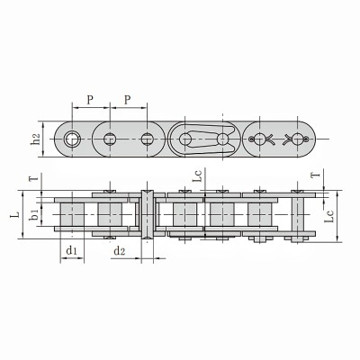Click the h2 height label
[35, 139]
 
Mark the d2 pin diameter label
[120, 250]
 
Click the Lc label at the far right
[330, 217]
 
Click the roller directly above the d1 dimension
[71, 216]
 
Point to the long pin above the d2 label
[147, 216]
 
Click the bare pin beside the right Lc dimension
[297, 216]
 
